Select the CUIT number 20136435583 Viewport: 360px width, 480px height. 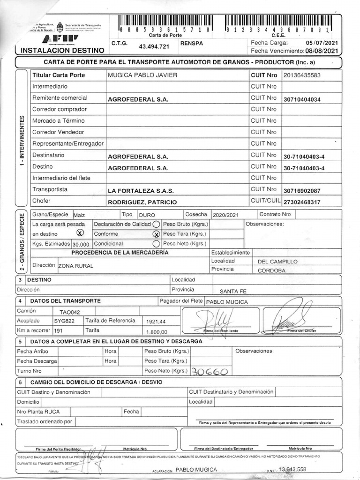[302, 75]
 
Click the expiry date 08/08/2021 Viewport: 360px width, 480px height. [321, 51]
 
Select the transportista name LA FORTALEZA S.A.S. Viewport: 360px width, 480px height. [141, 191]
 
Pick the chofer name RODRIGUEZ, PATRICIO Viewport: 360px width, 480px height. [142, 202]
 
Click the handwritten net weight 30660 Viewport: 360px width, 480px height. [210, 372]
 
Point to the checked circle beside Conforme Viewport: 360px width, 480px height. [156, 233]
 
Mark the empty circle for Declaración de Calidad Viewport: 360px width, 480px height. [156, 224]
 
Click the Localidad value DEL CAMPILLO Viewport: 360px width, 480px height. [277, 261]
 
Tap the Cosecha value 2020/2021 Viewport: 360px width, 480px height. [225, 215]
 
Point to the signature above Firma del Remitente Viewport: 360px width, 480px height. [213, 319]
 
